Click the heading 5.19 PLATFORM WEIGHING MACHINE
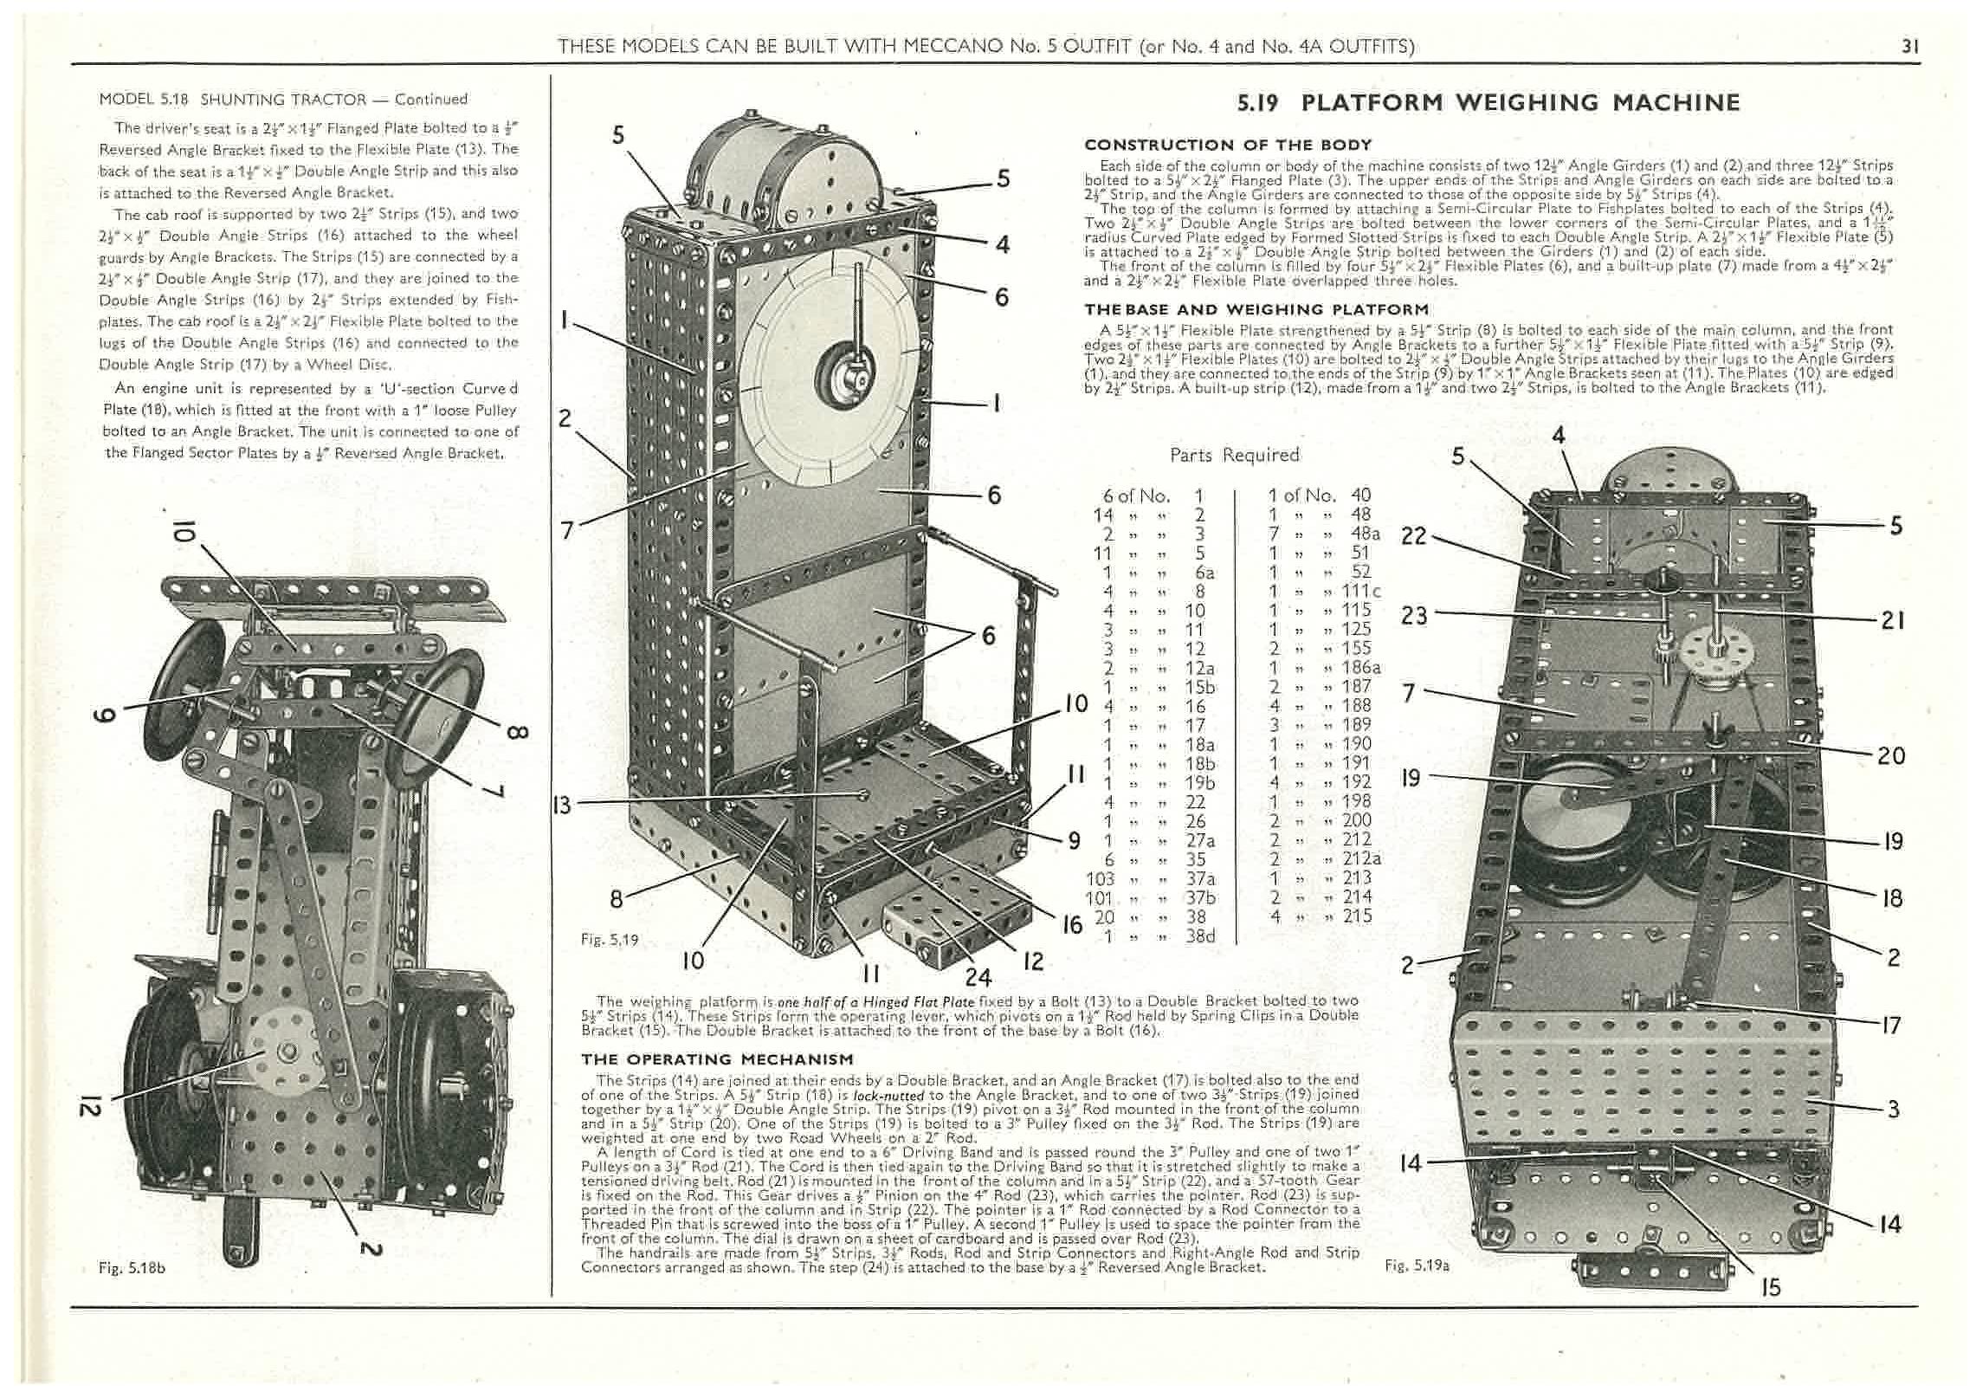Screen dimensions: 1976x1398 pos(1488,103)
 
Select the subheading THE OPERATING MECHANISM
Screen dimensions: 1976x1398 pos(717,1059)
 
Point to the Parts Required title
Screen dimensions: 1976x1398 pos(1234,455)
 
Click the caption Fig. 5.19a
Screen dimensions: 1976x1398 pos(1417,1265)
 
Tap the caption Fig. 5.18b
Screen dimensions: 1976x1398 pos(132,1268)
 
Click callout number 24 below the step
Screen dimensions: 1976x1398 pos(978,978)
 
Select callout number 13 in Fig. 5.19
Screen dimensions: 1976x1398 pos(562,806)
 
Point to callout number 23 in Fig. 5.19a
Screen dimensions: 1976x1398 pos(1413,615)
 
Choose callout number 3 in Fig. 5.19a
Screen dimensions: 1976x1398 pos(1893,1110)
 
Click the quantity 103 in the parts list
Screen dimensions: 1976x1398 pos(1100,878)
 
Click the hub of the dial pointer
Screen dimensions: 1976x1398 pos(840,370)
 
